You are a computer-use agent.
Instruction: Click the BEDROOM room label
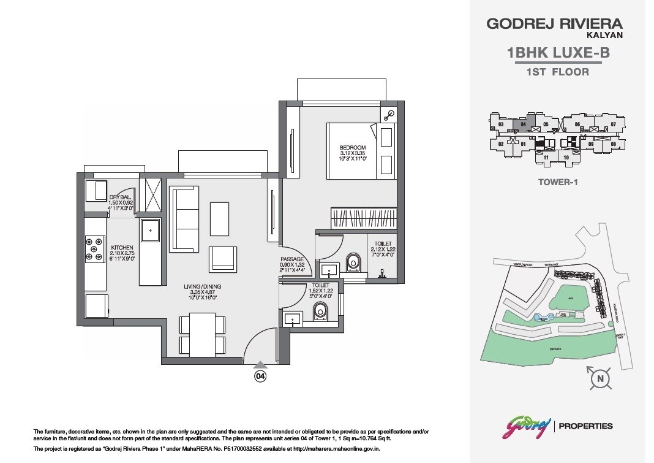(x=353, y=148)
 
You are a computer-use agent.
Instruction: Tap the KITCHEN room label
(x=122, y=248)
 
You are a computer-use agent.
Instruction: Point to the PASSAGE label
(x=293, y=259)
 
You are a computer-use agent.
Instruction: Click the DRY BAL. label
(x=120, y=197)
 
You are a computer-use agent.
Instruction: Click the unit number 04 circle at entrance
(x=260, y=376)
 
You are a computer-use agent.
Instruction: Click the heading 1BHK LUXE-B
(x=558, y=53)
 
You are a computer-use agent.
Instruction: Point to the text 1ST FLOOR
(x=558, y=72)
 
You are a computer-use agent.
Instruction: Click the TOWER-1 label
(x=558, y=182)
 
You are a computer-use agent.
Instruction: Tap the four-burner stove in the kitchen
(x=95, y=250)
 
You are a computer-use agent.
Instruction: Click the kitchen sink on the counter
(x=150, y=231)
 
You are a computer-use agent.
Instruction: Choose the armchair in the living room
(x=222, y=259)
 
